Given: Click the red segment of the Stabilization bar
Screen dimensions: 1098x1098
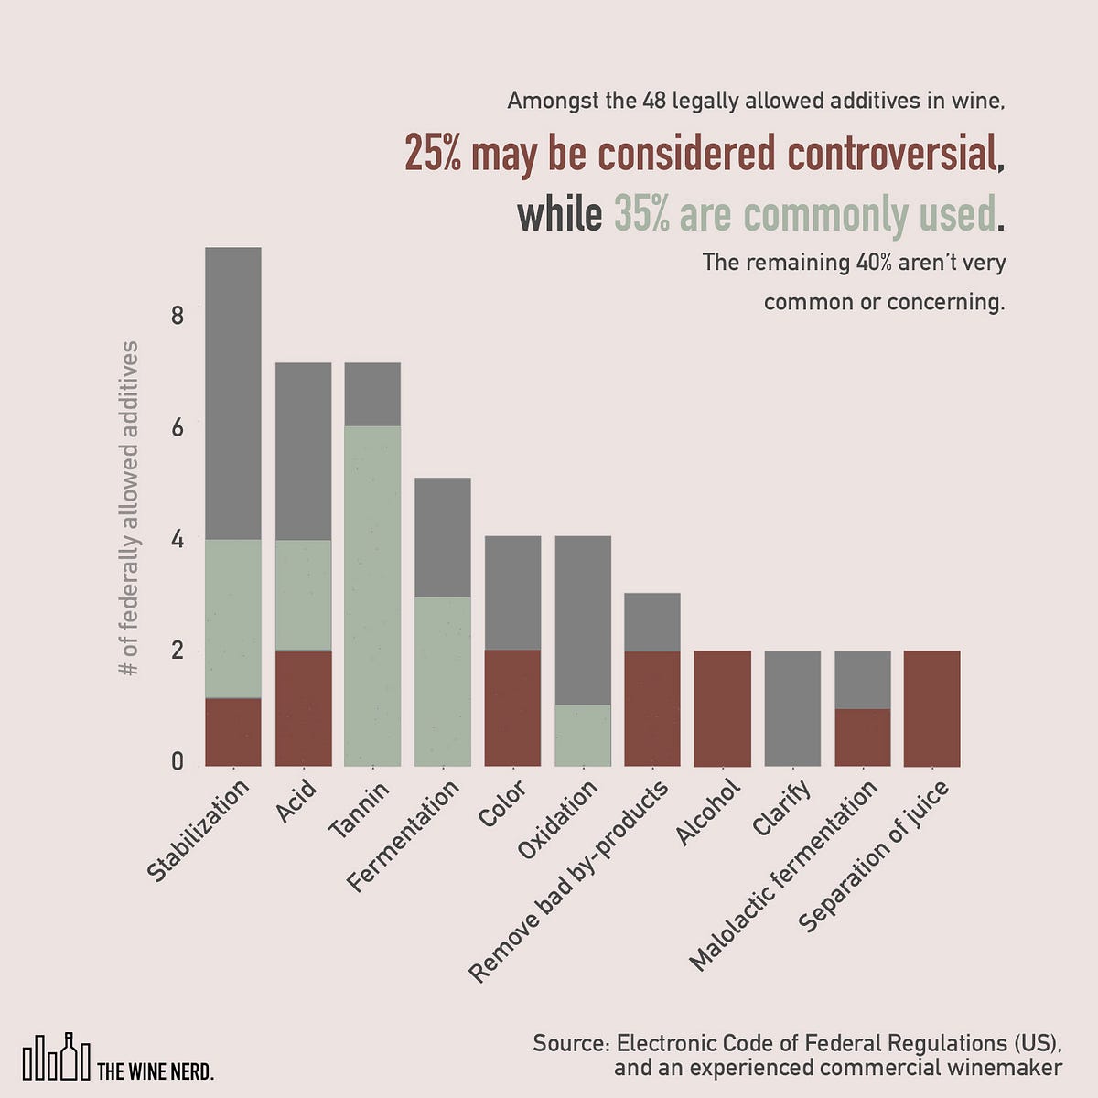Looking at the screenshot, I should (233, 732).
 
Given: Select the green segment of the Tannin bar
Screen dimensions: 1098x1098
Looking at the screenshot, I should (372, 595).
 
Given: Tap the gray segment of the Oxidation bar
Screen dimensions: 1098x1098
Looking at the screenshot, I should (583, 619).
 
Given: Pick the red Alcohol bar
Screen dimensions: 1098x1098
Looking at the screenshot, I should (723, 708).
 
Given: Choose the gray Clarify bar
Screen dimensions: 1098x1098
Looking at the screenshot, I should (792, 708).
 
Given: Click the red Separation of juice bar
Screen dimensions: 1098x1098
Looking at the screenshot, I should (931, 708).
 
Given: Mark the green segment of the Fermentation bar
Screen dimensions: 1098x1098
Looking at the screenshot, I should (443, 681).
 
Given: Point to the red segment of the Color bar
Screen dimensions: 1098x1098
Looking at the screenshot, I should (512, 707).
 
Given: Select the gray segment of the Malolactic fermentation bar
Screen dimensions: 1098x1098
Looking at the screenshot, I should (862, 680).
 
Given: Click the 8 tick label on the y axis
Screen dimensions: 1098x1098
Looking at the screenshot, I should (178, 317).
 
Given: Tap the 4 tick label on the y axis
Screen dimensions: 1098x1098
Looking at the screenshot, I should (178, 541).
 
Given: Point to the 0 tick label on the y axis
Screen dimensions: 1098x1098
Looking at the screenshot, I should (178, 763).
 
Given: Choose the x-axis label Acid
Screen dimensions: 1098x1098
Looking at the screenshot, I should (297, 802).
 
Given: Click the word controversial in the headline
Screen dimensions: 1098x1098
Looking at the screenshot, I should (891, 154).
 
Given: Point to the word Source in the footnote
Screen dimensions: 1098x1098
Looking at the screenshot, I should (567, 1044).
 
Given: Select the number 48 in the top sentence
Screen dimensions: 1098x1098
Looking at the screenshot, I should (654, 100).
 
